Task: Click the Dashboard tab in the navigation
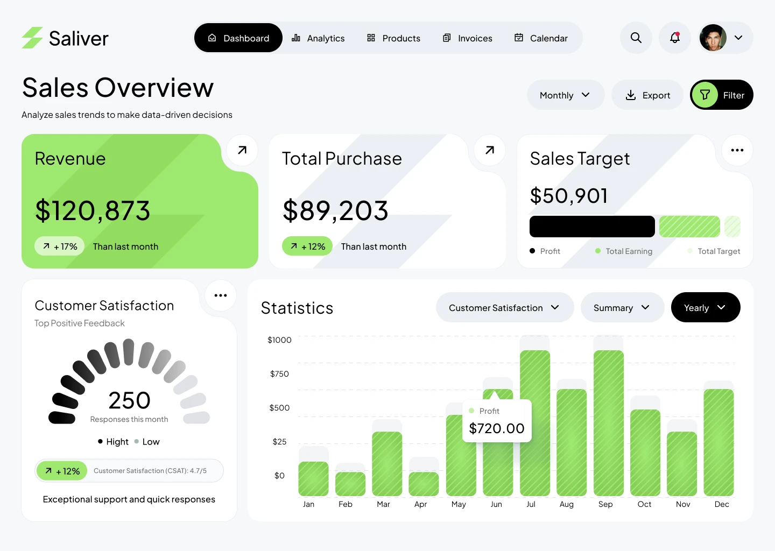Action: [238, 38]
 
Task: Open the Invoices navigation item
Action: [467, 38]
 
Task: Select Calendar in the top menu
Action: [541, 38]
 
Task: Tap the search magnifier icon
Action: [636, 38]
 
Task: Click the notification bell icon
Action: [675, 38]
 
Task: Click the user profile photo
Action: [713, 38]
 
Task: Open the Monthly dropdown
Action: [565, 95]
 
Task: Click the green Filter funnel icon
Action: [705, 95]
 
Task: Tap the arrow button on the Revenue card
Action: [242, 150]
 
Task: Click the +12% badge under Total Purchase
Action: [308, 246]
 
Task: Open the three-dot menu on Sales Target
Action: [737, 150]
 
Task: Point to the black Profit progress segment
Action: [592, 227]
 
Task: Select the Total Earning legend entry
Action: [624, 251]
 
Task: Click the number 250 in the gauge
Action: [129, 400]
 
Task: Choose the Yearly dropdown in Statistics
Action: [705, 308]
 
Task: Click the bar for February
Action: [350, 484]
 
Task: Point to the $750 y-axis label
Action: [279, 374]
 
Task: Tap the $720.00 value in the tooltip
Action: [497, 428]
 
